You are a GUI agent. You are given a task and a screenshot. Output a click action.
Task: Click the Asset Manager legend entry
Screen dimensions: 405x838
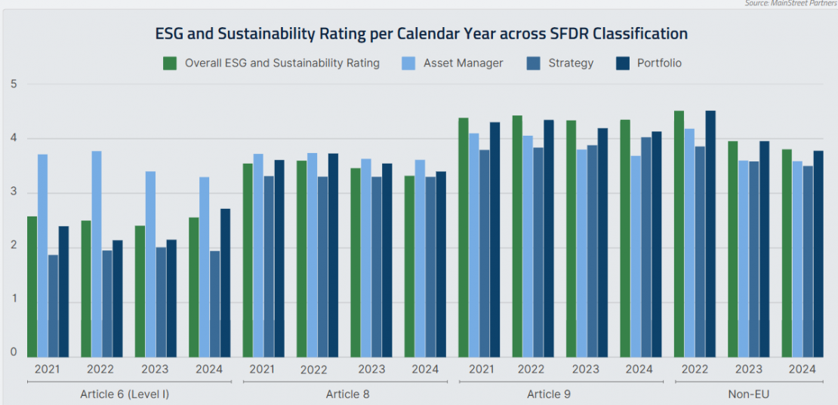pyautogui.click(x=462, y=63)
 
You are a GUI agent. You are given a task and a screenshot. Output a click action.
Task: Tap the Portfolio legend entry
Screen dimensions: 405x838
pyautogui.click(x=658, y=63)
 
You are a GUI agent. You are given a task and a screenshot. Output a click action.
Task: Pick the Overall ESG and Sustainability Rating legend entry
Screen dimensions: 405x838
pyautogui.click(x=282, y=63)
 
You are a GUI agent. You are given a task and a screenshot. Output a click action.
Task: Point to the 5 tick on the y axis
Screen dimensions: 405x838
pyautogui.click(x=14, y=84)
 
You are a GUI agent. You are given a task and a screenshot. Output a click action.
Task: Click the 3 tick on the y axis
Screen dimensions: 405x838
pyautogui.click(x=14, y=192)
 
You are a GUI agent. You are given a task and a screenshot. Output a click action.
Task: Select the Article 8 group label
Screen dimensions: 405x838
pyautogui.click(x=348, y=394)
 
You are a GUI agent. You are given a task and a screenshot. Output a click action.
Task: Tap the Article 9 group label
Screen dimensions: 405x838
pyautogui.click(x=544, y=394)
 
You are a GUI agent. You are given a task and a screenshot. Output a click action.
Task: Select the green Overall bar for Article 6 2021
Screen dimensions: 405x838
pyautogui.click(x=32, y=287)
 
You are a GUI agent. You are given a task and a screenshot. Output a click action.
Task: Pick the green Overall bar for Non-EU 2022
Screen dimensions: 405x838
pyautogui.click(x=679, y=234)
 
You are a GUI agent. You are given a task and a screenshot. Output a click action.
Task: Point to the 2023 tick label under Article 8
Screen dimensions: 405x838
pyautogui.click(x=371, y=370)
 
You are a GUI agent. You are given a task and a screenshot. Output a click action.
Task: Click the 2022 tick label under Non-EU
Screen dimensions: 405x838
pyautogui.click(x=695, y=370)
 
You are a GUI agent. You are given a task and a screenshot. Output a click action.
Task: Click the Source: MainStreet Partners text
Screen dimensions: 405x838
pyautogui.click(x=790, y=4)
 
